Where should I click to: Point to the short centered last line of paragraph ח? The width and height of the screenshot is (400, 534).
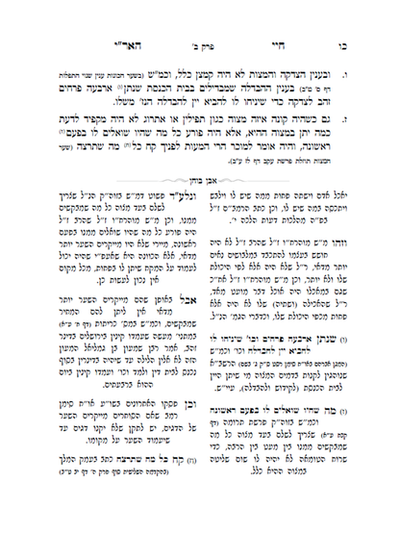[200, 142]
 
